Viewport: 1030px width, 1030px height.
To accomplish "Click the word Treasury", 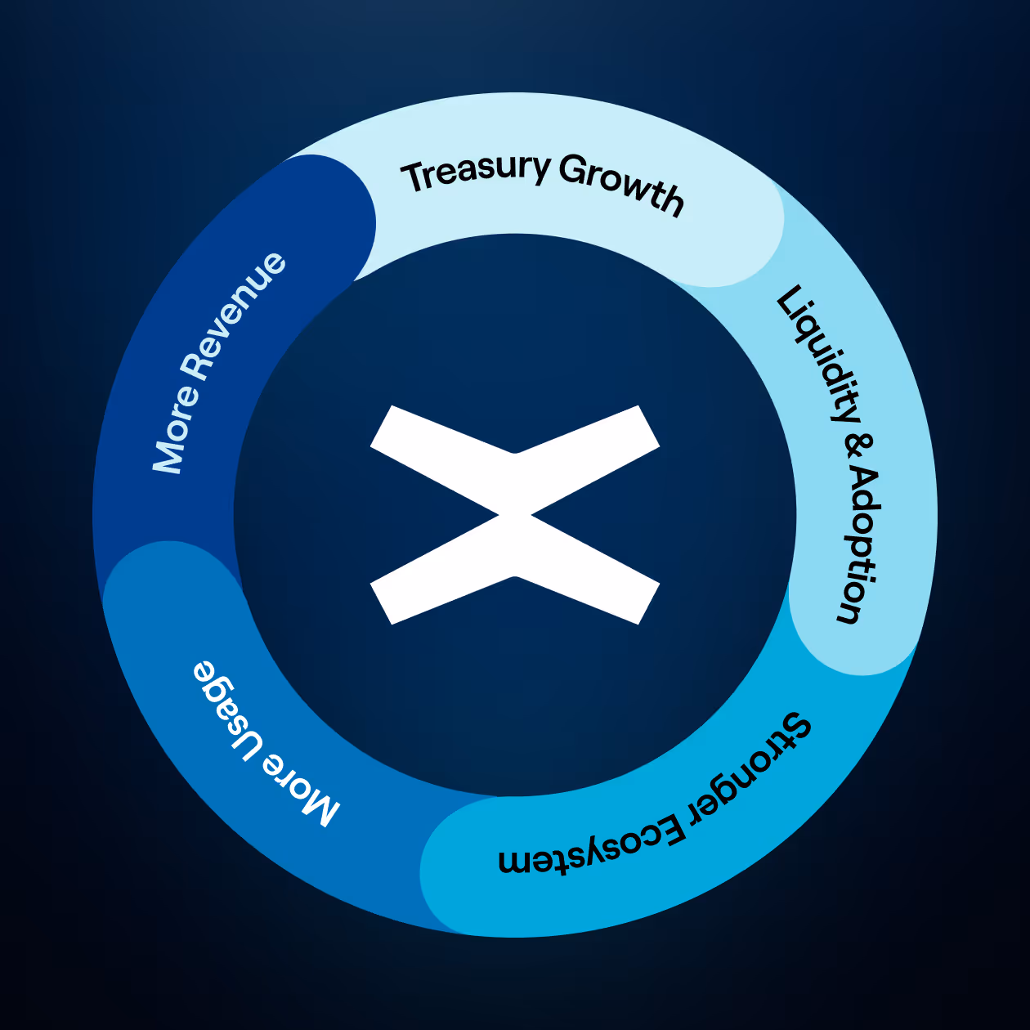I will click(476, 172).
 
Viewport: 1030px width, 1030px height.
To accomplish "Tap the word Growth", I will click(622, 185).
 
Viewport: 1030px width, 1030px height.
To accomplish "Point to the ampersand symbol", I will click(858, 446).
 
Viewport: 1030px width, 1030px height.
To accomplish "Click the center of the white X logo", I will click(515, 515).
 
